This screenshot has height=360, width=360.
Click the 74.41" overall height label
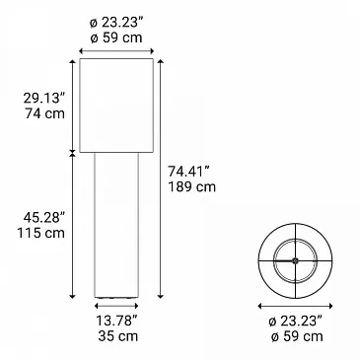tap(189, 172)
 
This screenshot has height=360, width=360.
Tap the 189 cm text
tap(192, 186)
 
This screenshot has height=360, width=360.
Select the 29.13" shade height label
tap(44, 98)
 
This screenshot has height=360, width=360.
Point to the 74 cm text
tap(44, 113)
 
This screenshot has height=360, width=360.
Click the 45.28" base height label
tap(44, 217)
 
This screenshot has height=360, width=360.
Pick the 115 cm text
tap(40, 233)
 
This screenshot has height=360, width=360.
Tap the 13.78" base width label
tap(116, 321)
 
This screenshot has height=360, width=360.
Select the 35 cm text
tap(118, 336)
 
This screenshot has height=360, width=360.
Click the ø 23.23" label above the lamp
tap(116, 23)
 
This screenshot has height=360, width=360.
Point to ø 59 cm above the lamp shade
tap(116, 37)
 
